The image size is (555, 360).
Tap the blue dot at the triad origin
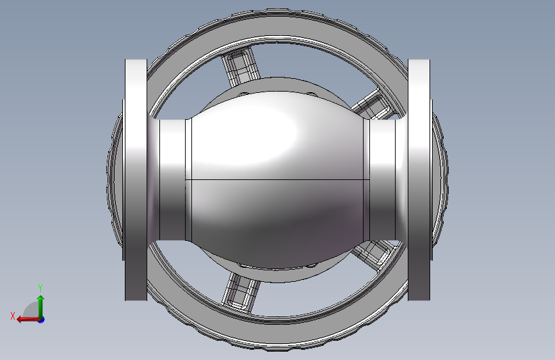pos(41,319)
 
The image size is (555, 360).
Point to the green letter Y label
pos(40,288)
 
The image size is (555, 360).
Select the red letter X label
pos(12,316)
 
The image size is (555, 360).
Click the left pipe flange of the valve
pos(135,179)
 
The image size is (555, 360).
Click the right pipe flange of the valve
pos(419,179)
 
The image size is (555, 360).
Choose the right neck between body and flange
pos(382,179)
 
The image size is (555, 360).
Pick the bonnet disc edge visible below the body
pos(277,277)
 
